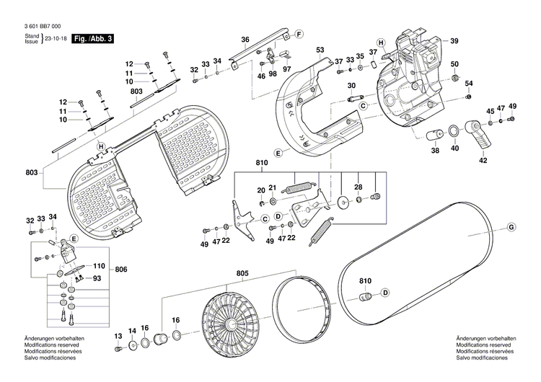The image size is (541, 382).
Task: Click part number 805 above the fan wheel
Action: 242,273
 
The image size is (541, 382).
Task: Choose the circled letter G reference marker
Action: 511,228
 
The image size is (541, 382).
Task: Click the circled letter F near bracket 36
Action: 297,33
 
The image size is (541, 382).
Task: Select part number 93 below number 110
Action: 97,278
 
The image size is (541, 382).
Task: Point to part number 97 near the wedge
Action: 286,68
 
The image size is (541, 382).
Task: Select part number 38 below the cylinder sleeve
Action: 435,151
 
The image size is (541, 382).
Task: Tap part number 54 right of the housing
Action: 467,83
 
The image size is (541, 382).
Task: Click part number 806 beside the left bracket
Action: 120,269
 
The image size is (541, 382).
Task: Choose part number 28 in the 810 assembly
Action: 358,187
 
